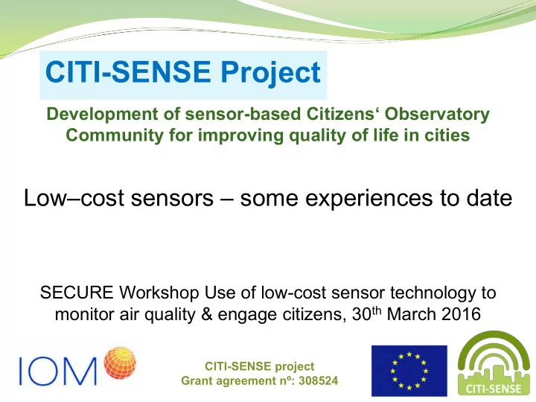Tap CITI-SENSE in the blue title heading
click(x=128, y=71)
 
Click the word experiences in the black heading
click(x=368, y=199)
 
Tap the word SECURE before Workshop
click(x=77, y=293)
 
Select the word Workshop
click(x=159, y=293)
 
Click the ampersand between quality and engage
click(x=207, y=315)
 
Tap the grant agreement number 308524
click(x=319, y=380)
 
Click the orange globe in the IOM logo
click(x=120, y=363)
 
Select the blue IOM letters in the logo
click(x=58, y=371)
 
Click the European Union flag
click(x=409, y=371)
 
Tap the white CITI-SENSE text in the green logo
click(x=494, y=389)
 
